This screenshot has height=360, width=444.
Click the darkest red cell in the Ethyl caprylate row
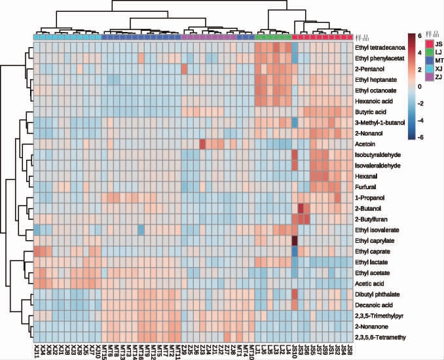[295, 240]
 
